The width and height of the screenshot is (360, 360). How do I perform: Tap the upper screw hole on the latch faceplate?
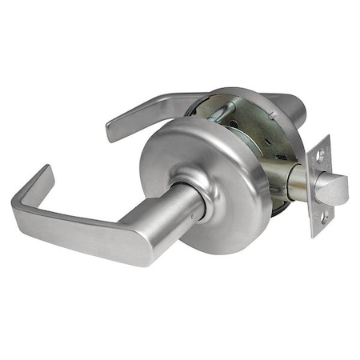pos(321,158)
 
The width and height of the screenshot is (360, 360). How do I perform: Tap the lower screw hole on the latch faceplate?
pos(324,216)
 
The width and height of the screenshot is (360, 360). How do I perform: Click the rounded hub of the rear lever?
pos(292,104)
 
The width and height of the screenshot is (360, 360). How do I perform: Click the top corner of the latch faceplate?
pos(326,137)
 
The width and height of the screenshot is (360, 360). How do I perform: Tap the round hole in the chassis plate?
pos(232,125)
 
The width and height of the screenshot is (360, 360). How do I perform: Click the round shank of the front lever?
pos(172,220)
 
